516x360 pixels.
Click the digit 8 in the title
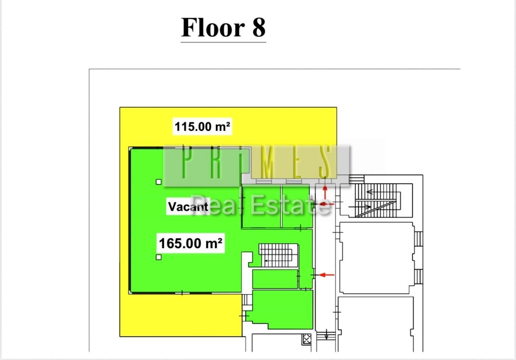point(259,27)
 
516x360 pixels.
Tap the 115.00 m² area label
point(202,127)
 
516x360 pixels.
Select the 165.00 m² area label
point(191,243)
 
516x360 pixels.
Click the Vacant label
point(188,206)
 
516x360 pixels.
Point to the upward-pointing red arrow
point(325,192)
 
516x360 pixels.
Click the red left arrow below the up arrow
point(327,204)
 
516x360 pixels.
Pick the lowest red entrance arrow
point(327,275)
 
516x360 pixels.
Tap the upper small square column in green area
point(158,182)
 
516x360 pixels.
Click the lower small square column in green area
point(158,257)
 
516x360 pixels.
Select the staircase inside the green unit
point(278,255)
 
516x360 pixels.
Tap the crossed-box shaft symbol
point(307,339)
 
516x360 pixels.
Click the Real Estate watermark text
point(261,205)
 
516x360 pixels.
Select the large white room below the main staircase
point(377,258)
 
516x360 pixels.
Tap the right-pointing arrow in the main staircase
point(360,207)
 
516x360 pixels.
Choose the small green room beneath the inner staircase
point(275,279)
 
